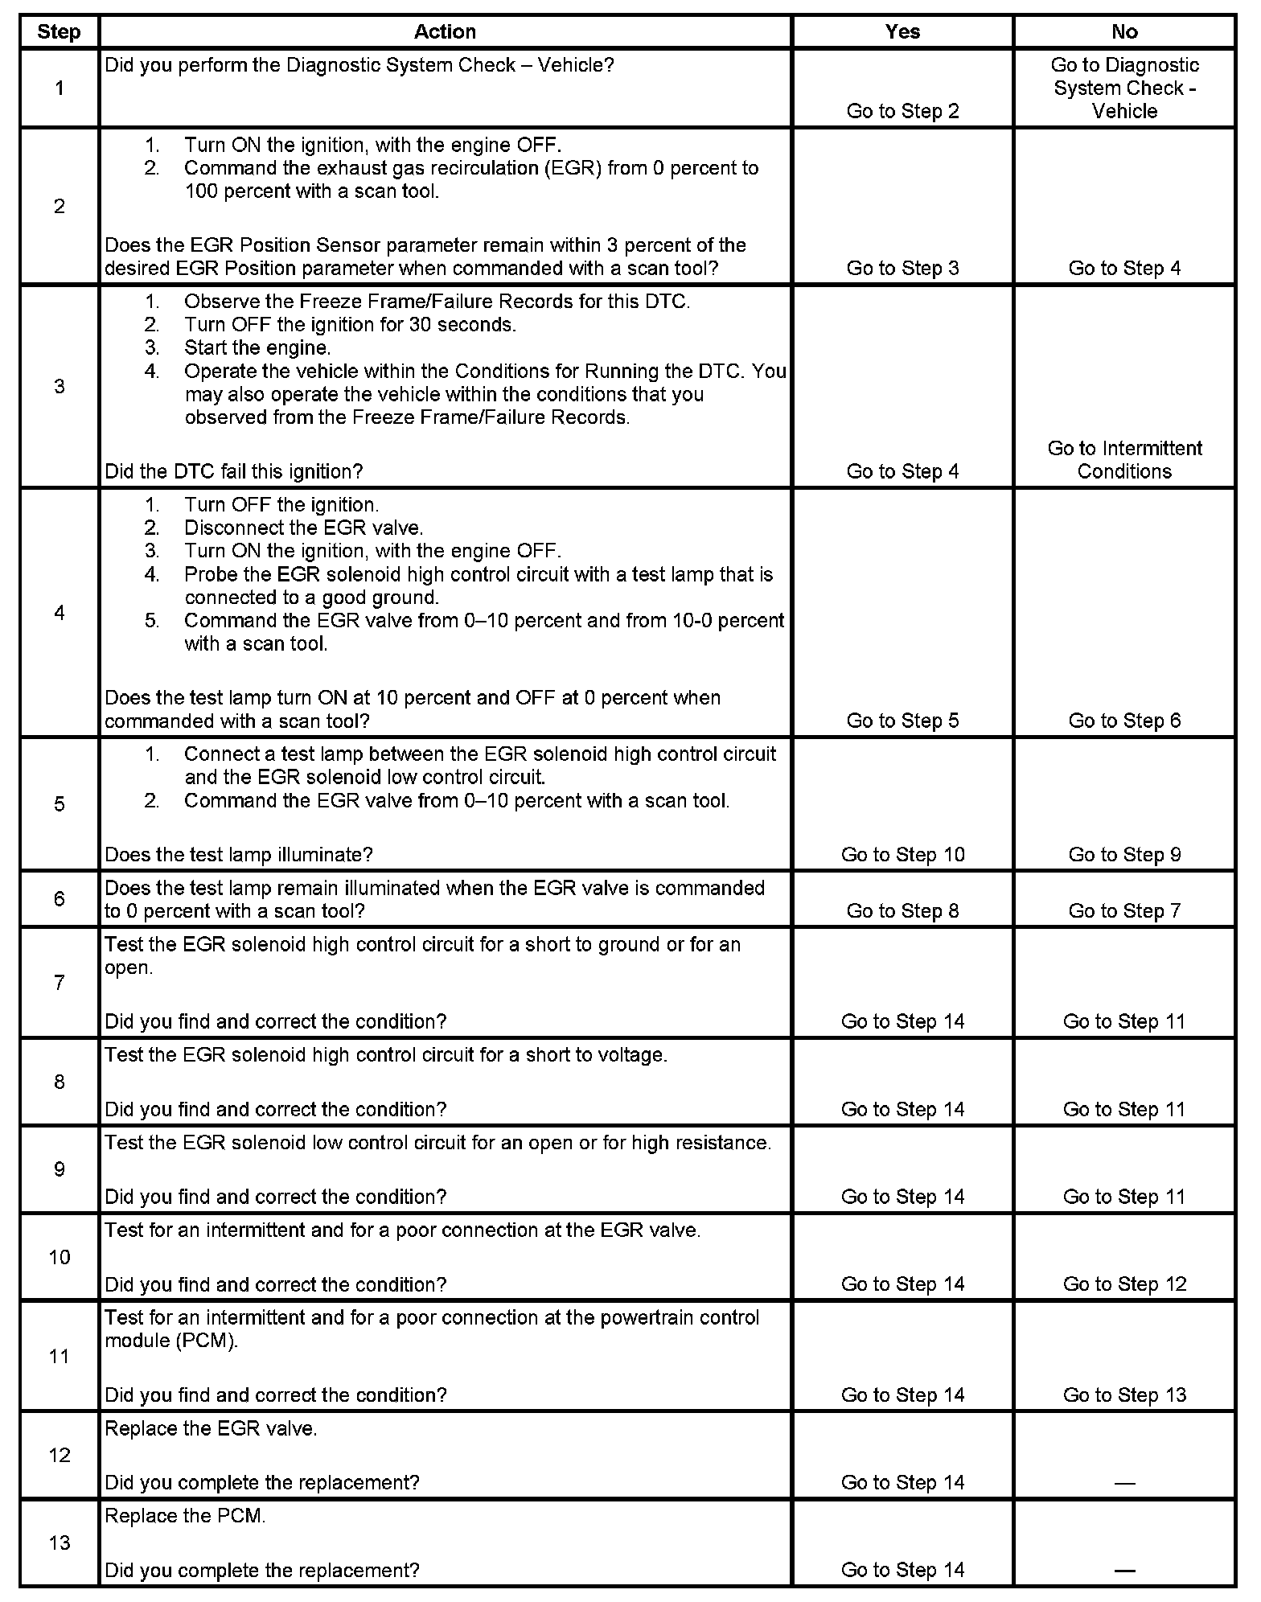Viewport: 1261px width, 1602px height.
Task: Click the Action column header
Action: pyautogui.click(x=445, y=32)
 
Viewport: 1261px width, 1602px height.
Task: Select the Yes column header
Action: pyautogui.click(x=902, y=32)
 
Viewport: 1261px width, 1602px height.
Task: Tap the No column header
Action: pyautogui.click(x=1124, y=32)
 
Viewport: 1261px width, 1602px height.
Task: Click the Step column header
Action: pyautogui.click(x=59, y=32)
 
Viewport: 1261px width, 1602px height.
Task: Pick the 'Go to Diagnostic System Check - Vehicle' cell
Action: pyautogui.click(x=1124, y=88)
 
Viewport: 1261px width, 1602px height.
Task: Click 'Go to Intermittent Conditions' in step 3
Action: pyautogui.click(x=1124, y=460)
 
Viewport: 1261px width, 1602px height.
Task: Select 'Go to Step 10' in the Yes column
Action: pyautogui.click(x=902, y=855)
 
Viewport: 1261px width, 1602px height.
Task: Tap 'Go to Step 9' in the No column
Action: pyautogui.click(x=1124, y=855)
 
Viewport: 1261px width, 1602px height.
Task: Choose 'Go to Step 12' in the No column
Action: pyautogui.click(x=1124, y=1284)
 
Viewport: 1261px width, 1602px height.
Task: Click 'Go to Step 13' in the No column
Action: pyautogui.click(x=1124, y=1395)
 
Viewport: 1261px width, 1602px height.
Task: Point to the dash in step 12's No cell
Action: pyautogui.click(x=1124, y=1483)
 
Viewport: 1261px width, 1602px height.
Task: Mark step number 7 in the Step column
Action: pyautogui.click(x=59, y=983)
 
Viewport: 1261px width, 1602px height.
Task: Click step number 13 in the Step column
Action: pyautogui.click(x=59, y=1542)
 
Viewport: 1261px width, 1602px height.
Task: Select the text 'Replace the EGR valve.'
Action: pyautogui.click(x=211, y=1429)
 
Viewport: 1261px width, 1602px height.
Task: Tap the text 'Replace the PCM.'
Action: pyautogui.click(x=185, y=1516)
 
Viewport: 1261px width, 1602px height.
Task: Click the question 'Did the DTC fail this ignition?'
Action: pyautogui.click(x=234, y=471)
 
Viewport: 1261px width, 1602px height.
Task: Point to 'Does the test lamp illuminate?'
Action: pyautogui.click(x=239, y=855)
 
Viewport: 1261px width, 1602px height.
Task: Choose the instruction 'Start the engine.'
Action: pyautogui.click(x=257, y=348)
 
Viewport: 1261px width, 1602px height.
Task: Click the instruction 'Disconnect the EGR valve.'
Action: pyautogui.click(x=303, y=528)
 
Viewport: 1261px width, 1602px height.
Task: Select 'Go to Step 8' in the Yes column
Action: pyautogui.click(x=902, y=911)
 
